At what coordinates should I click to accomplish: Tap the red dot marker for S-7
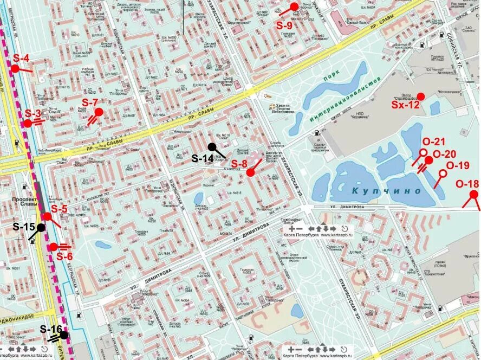click(99, 112)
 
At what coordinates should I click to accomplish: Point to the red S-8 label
click(239, 164)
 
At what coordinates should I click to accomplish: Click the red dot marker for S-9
click(295, 7)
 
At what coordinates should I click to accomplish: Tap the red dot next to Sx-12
click(421, 96)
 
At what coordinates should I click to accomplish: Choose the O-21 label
click(433, 142)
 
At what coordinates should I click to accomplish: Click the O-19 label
click(458, 166)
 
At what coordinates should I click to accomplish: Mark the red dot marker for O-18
click(474, 194)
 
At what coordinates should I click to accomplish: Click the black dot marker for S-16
click(64, 335)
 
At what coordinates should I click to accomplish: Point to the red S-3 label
click(33, 114)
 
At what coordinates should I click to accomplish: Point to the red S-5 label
click(59, 209)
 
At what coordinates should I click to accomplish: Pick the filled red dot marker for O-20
click(428, 160)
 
